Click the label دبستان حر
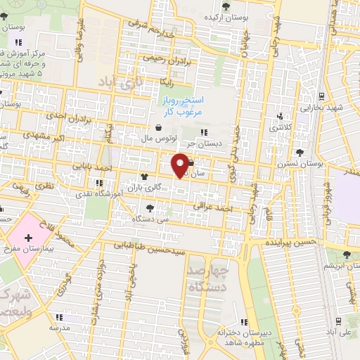[x=217, y=143]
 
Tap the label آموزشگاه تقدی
[x=105, y=191]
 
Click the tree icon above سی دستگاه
[x=150, y=207]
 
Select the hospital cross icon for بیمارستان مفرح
[x=27, y=240]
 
